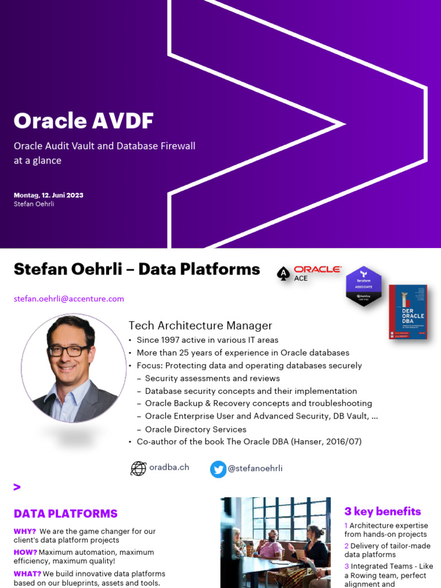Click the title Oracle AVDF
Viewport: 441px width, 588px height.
(x=84, y=121)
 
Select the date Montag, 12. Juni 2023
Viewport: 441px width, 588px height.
(x=48, y=195)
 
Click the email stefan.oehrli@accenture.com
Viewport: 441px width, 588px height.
(x=69, y=299)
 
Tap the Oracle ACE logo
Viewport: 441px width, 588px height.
(x=309, y=273)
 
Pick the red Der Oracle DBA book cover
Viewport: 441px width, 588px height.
(x=408, y=312)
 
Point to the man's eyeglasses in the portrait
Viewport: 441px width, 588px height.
(x=69, y=350)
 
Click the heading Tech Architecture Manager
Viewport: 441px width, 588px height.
(x=200, y=326)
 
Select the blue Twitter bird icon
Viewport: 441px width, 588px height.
(x=218, y=469)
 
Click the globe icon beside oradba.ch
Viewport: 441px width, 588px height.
(x=138, y=469)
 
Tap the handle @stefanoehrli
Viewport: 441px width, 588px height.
(x=255, y=469)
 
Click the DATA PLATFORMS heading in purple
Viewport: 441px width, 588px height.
(x=65, y=514)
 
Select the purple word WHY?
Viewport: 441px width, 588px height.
(x=25, y=531)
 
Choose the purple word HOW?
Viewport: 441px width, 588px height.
(x=25, y=552)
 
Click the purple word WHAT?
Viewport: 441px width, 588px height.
(x=27, y=574)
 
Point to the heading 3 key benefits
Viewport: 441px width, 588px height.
(x=382, y=511)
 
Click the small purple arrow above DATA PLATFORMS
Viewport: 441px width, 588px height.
(x=17, y=488)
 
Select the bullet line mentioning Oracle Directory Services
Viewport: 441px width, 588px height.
(x=195, y=429)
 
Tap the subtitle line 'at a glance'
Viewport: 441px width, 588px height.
(x=37, y=161)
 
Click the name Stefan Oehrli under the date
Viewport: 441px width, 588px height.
(x=34, y=204)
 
